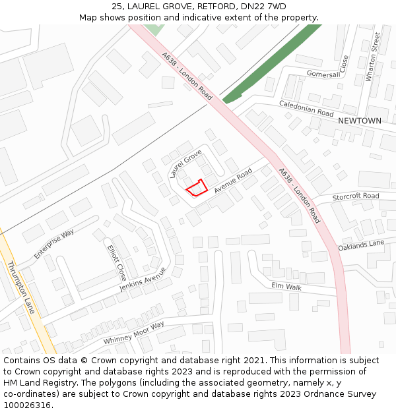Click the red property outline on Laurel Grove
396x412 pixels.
click(196, 188)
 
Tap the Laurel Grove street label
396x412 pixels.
click(185, 164)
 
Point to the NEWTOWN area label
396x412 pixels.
click(360, 121)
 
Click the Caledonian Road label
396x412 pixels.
click(306, 109)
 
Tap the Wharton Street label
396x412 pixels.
click(373, 57)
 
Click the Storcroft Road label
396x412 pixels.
click(356, 196)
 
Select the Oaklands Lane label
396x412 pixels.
click(361, 245)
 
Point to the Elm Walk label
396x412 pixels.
click(286, 287)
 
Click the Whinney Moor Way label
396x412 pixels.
click(134, 334)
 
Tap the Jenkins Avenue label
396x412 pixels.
click(143, 280)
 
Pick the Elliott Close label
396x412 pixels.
click(116, 262)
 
